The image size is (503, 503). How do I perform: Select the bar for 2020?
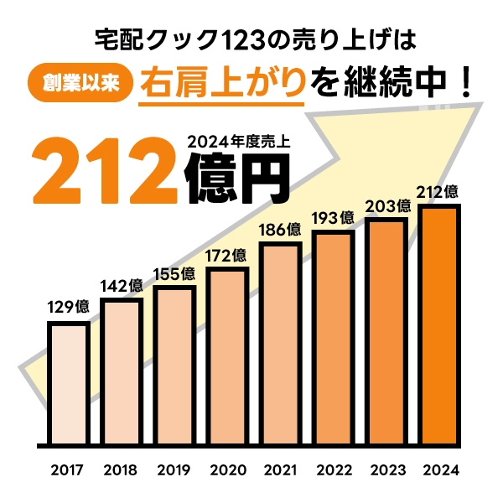[x=228, y=356]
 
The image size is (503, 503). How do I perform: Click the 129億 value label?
[x=69, y=307]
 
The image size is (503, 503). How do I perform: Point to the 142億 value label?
[x=122, y=286]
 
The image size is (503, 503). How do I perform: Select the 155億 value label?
[x=174, y=274]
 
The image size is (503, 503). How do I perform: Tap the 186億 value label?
[x=281, y=229]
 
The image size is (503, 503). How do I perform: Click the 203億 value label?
[x=387, y=205]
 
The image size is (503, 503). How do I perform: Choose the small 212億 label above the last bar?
[x=440, y=190]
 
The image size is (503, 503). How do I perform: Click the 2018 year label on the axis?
[x=121, y=469]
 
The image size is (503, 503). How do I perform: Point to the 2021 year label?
[x=281, y=469]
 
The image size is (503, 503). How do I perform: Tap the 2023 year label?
[x=387, y=469]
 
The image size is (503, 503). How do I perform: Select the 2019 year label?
[x=174, y=469]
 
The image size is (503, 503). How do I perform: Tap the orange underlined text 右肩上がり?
[x=221, y=83]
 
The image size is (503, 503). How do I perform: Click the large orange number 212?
[x=107, y=170]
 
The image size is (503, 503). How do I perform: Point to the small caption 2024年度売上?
[x=239, y=143]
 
